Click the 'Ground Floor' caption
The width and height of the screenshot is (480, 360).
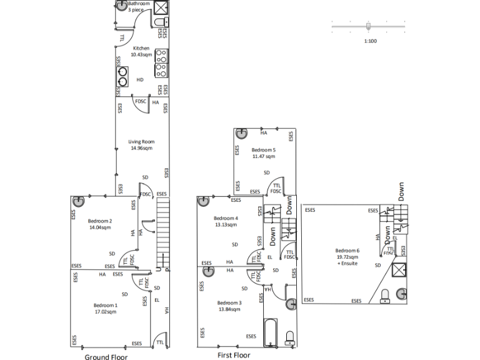(x=106, y=357)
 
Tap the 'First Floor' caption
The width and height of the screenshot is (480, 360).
(x=234, y=355)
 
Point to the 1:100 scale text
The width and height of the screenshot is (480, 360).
(x=370, y=41)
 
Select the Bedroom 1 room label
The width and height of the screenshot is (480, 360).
(x=106, y=308)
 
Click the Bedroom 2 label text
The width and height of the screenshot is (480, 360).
(x=99, y=224)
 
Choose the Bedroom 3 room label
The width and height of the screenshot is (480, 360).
(x=230, y=306)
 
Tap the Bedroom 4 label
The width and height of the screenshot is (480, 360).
(x=226, y=221)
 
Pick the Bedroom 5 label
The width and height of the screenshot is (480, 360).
(x=263, y=153)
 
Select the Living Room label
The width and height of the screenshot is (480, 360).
(x=141, y=145)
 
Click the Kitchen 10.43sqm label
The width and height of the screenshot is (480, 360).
(x=141, y=51)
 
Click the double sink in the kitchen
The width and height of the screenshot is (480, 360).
(x=122, y=75)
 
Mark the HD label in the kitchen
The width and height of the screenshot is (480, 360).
(x=140, y=80)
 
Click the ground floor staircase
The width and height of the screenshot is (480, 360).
(x=162, y=234)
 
